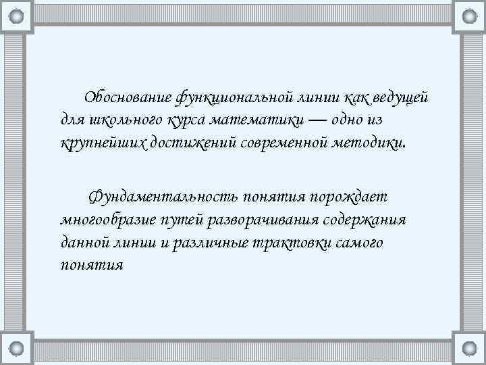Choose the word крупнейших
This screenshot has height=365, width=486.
(x=98, y=142)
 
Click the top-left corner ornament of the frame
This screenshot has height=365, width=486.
(x=17, y=16)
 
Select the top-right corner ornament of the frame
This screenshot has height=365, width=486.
(x=469, y=16)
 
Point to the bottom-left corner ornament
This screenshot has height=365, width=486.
(x=17, y=349)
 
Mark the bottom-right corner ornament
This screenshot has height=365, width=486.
(x=469, y=349)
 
